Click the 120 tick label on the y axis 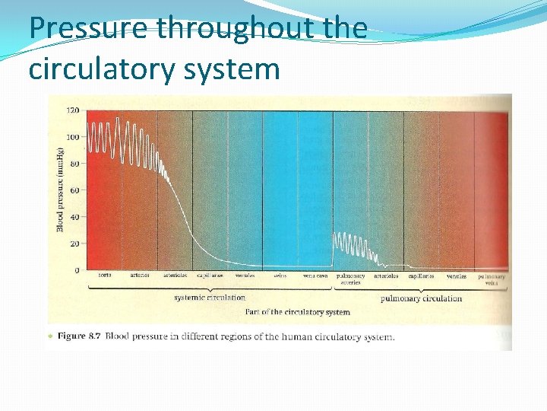(73, 110)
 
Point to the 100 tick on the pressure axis (73, 137)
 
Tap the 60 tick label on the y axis (74, 190)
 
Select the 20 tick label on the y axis (74, 244)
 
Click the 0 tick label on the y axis (77, 270)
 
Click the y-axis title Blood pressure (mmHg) (61, 190)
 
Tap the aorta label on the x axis (105, 276)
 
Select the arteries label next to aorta (139, 276)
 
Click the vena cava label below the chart (315, 276)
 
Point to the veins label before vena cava (280, 276)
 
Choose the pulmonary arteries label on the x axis (350, 279)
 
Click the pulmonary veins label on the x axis (492, 279)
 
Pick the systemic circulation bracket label (210, 298)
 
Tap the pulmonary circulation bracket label (421, 298)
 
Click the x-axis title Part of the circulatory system (297, 312)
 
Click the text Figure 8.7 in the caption (81, 336)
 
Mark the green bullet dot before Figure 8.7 (50, 336)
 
